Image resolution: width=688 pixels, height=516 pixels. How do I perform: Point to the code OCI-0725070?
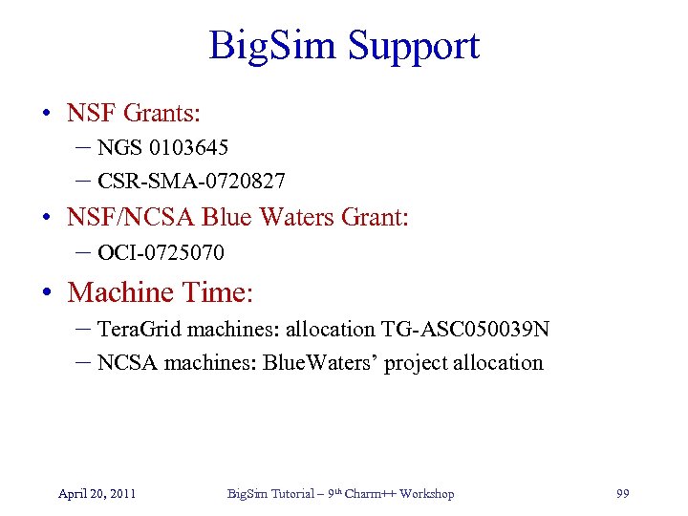161,253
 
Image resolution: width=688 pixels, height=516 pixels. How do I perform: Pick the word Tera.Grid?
140,329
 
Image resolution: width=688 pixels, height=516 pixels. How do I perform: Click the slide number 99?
623,493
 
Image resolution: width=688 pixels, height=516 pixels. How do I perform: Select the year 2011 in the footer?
121,493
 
